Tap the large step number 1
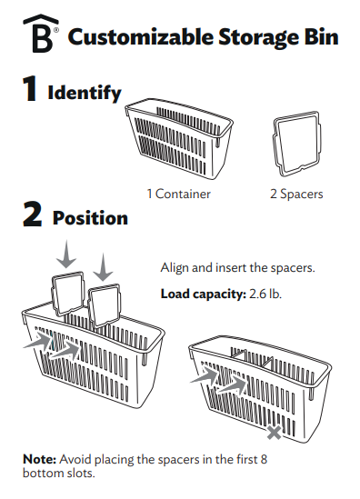pyautogui.click(x=31, y=92)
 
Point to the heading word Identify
pyautogui.click(x=84, y=93)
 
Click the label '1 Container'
pyautogui.click(x=179, y=194)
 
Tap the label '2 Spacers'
pyautogui.click(x=296, y=194)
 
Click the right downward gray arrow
pyautogui.click(x=104, y=264)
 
